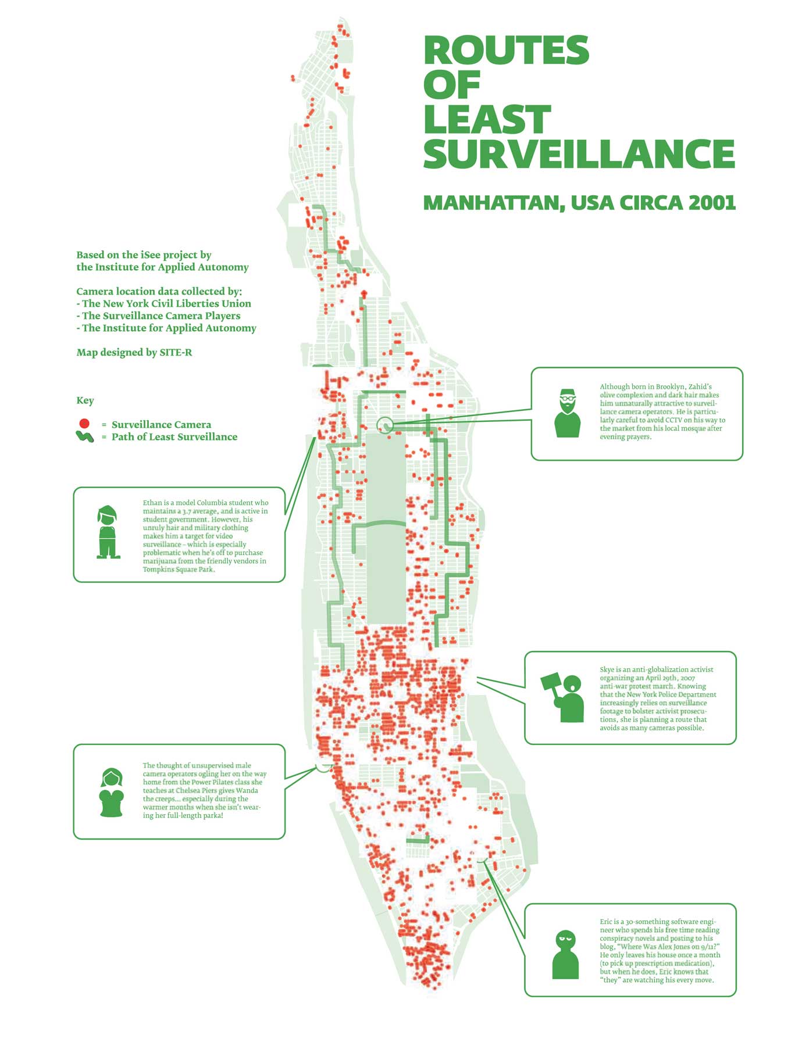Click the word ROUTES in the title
point(506,50)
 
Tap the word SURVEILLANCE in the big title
point(579,153)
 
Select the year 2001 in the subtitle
point(712,203)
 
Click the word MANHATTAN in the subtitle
point(494,203)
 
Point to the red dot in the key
point(84,424)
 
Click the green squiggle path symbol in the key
point(85,436)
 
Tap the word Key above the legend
point(85,400)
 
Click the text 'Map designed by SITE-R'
point(134,352)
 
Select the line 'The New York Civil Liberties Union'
point(166,303)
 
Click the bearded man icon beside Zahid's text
point(567,413)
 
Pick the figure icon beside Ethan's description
point(108,532)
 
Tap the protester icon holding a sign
point(563,697)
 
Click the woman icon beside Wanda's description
point(111,793)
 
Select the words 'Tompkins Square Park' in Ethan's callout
point(179,569)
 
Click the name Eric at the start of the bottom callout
point(607,922)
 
